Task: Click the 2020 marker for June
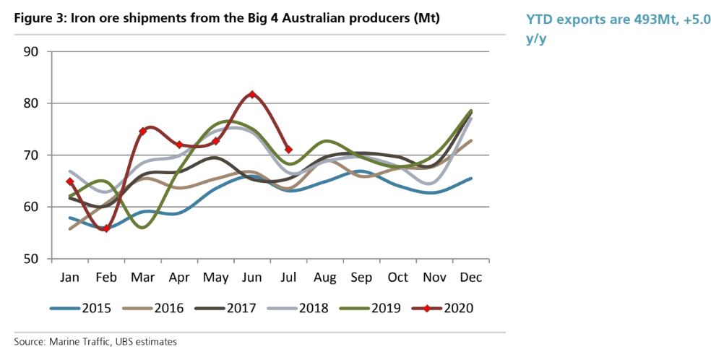(252, 94)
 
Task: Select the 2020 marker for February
(106, 228)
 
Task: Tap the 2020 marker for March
(142, 132)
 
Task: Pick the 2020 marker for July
(289, 150)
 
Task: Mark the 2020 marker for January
(69, 181)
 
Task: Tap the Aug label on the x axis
(325, 277)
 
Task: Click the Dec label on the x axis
(471, 277)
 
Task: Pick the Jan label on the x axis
(69, 277)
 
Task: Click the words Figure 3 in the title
(37, 20)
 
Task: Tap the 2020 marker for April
(179, 145)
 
